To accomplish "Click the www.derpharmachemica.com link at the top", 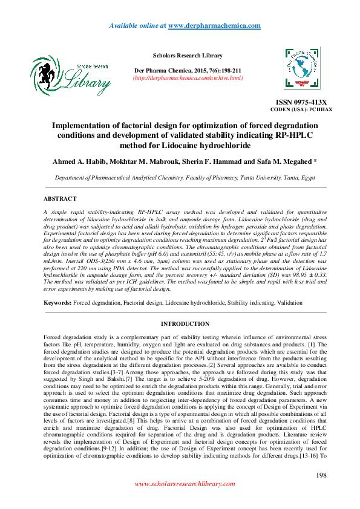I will tap(214, 25).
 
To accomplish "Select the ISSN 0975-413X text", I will tap(301, 102).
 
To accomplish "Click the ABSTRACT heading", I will tap(60, 199).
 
